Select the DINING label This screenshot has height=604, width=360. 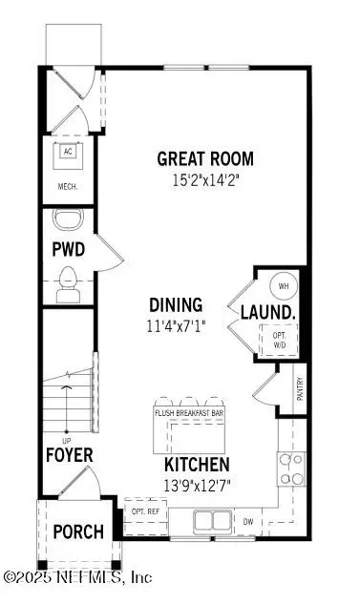[176, 305]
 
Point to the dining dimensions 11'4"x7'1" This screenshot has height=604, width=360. [177, 323]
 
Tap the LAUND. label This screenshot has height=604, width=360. [266, 312]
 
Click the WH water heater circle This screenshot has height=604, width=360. [284, 284]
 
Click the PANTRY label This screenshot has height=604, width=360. [300, 391]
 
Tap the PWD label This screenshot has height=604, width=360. [69, 251]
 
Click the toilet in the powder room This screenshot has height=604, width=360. [68, 283]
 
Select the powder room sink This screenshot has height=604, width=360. [68, 221]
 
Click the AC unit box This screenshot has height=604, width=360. [68, 153]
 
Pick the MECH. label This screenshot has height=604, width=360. [68, 187]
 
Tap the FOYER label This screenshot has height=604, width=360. [69, 454]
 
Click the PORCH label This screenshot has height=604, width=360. [78, 531]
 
